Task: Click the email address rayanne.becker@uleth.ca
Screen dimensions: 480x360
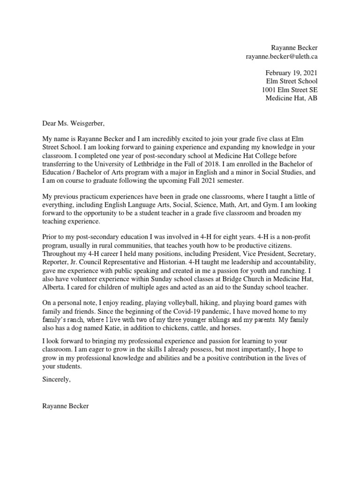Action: pyautogui.click(x=282, y=56)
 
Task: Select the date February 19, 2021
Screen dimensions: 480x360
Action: pyautogui.click(x=291, y=73)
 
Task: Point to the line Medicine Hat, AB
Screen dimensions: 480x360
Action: pyautogui.click(x=291, y=98)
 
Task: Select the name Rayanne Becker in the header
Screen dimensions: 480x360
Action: pyautogui.click(x=294, y=48)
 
